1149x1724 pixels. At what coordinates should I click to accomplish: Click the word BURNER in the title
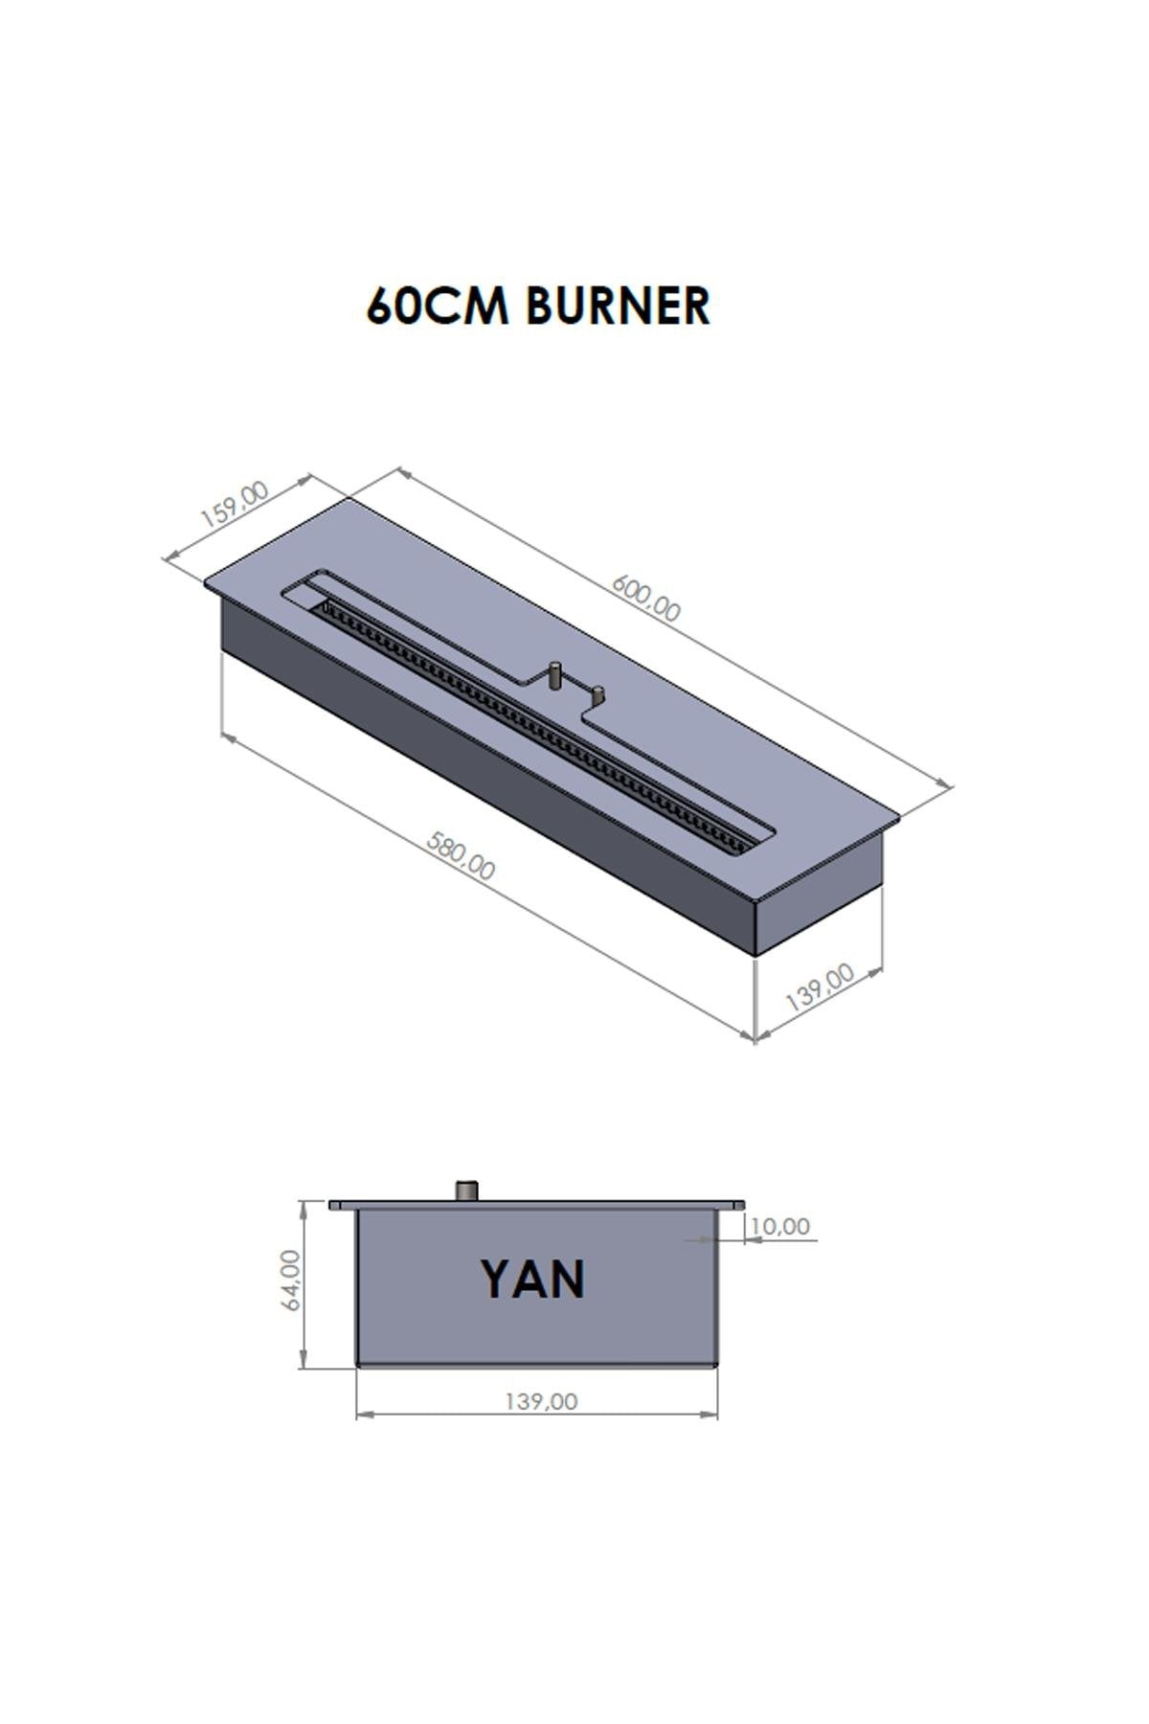click(618, 306)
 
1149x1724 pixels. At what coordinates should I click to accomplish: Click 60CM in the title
click(439, 306)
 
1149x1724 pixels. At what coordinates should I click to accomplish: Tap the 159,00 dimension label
click(234, 505)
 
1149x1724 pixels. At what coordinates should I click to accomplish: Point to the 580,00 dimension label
click(461, 855)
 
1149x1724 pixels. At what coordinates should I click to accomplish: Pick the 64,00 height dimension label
click(291, 1280)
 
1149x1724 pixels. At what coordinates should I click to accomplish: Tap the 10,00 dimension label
click(780, 1226)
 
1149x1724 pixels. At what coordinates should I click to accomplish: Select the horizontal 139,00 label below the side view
click(541, 1401)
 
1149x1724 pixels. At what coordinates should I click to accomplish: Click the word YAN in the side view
click(532, 1280)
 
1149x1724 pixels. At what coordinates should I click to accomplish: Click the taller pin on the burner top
click(553, 675)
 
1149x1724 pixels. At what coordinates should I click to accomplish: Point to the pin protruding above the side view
click(468, 1191)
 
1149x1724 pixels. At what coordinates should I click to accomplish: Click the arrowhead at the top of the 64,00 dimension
click(304, 1208)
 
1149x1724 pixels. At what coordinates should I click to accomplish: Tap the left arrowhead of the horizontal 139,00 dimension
click(363, 1415)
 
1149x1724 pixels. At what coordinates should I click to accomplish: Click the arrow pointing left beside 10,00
click(750, 1240)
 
